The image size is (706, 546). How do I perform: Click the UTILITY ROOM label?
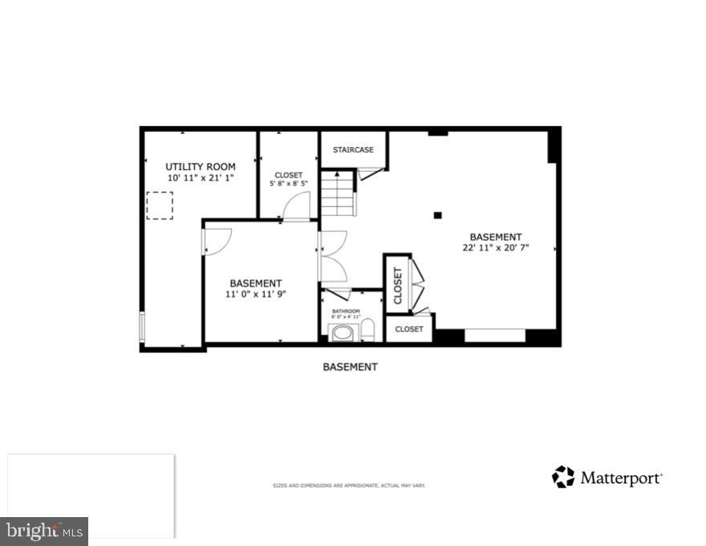[x=201, y=166]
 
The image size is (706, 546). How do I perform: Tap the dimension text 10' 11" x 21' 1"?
[x=201, y=177]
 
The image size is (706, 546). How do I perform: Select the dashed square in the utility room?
[x=160, y=205]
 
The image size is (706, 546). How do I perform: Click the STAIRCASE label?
[x=353, y=150]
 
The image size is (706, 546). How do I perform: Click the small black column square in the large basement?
[x=437, y=215]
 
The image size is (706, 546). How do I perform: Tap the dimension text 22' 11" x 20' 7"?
[x=495, y=248]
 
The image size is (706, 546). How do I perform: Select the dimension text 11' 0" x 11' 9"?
[x=255, y=294]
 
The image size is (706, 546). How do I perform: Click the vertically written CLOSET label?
[x=398, y=284]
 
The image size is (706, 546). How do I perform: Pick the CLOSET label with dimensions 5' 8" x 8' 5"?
[x=288, y=175]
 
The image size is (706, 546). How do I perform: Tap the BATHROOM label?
[x=347, y=312]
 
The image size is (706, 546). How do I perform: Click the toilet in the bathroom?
[x=368, y=330]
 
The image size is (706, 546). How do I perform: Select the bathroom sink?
[x=343, y=333]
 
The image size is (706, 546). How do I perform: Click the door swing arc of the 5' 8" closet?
[x=296, y=207]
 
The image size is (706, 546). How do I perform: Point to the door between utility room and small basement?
[x=217, y=238]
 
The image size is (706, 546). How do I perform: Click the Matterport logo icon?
[x=563, y=477]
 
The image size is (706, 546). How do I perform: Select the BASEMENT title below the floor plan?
[x=350, y=367]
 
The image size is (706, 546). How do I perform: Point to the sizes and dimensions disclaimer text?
[x=349, y=486]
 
